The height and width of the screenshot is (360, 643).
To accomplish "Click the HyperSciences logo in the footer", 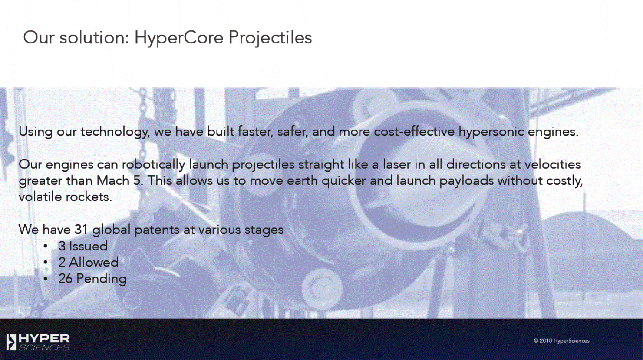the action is point(38,342).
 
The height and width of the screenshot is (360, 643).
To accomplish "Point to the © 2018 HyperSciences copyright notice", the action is point(562,341).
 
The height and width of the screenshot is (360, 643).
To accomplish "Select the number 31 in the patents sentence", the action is point(81,229).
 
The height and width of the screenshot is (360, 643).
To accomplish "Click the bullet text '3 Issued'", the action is point(83,246).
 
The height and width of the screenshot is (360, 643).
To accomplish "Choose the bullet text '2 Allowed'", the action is point(88,262).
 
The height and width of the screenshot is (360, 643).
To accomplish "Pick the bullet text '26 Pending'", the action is point(93,279).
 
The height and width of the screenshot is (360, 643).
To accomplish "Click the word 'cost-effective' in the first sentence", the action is point(414,131).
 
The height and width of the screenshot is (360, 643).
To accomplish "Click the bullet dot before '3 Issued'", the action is point(45,246).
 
